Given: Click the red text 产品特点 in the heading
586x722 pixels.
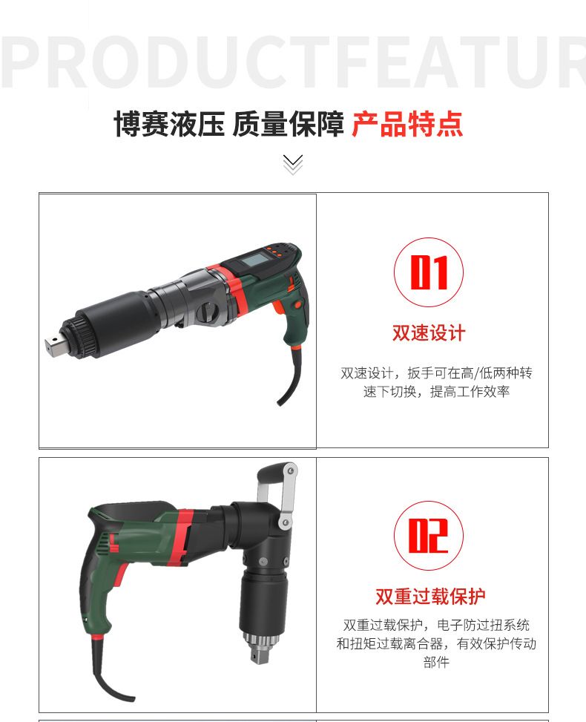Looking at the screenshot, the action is tap(407, 125).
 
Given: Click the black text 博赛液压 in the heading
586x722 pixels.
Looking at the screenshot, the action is tap(169, 125).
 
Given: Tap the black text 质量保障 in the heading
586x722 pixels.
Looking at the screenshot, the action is tap(288, 125).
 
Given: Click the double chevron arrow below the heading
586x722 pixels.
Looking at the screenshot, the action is tap(293, 165).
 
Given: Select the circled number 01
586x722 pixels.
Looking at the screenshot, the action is tap(429, 272).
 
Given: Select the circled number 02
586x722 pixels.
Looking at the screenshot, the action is tap(429, 536).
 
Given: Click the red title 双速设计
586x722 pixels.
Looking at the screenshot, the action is tap(429, 333).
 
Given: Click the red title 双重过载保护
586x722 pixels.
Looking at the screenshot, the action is tap(430, 597).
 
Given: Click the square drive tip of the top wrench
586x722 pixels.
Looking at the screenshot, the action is tap(54, 344).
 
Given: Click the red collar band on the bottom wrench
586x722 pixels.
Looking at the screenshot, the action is tap(182, 537).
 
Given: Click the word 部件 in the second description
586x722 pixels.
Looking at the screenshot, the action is tap(436, 662).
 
